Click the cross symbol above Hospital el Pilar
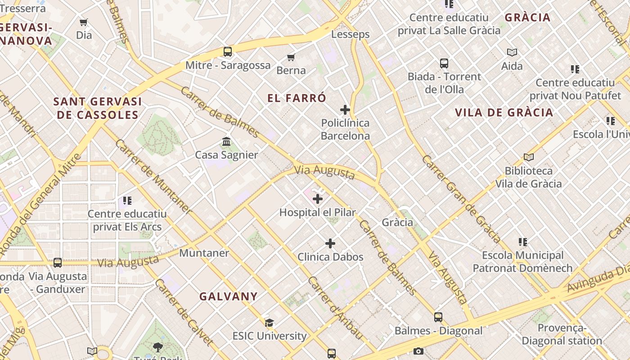(318, 198)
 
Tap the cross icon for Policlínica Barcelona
(345, 110)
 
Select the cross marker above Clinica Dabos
(330, 243)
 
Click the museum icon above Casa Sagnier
(226, 142)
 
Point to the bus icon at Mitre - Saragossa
(228, 52)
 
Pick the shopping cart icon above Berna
(291, 57)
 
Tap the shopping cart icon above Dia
(84, 22)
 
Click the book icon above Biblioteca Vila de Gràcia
(529, 157)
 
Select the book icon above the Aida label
(512, 52)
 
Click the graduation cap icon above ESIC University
(269, 323)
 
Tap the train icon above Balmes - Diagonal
(438, 317)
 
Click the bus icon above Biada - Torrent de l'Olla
(444, 63)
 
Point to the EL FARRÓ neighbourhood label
(297, 98)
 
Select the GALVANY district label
(229, 296)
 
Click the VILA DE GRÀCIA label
(504, 112)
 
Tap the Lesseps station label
(350, 34)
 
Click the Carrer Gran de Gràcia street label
(461, 199)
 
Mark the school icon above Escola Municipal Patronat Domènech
(522, 242)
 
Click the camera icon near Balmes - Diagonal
(418, 351)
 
